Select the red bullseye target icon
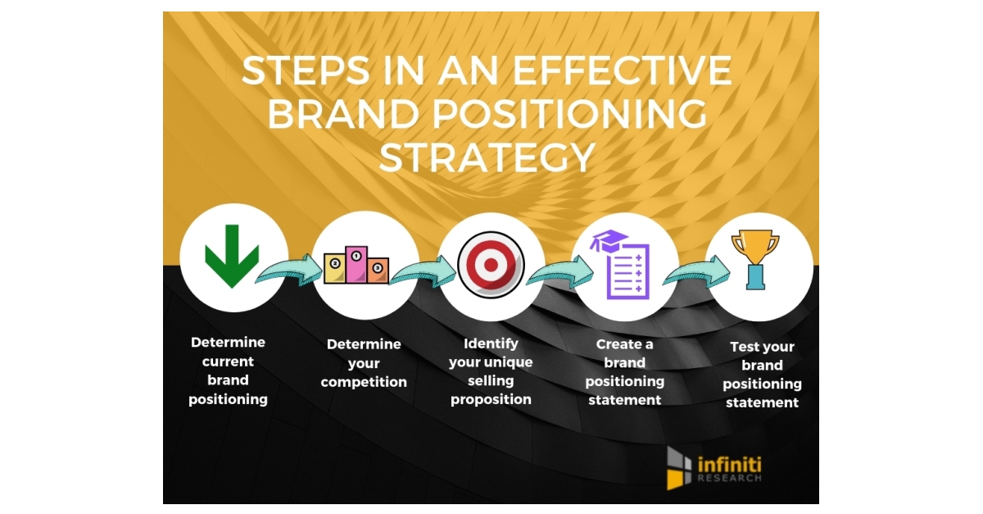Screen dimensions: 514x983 (x=491, y=265)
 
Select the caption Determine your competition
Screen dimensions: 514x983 (x=364, y=363)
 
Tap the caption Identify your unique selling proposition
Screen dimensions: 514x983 (x=491, y=371)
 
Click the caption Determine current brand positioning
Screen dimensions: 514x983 (x=228, y=371)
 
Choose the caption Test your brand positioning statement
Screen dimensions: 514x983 (x=762, y=375)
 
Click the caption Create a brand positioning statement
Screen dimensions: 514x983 (x=625, y=372)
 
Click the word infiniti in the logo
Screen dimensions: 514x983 (x=729, y=464)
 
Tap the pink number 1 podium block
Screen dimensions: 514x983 (x=356, y=264)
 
